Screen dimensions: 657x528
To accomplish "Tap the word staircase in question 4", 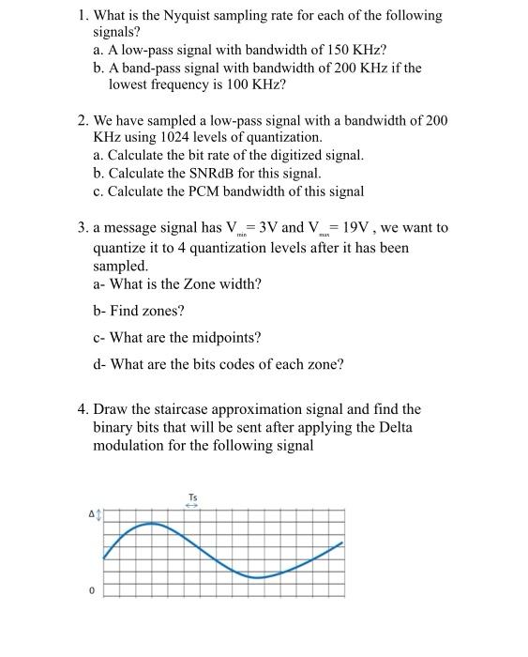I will tap(182, 409).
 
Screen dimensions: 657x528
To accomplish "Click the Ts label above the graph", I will tap(192, 497).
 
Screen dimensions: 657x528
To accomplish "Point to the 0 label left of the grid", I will tap(92, 590).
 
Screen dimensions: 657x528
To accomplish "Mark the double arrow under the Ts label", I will tap(192, 505).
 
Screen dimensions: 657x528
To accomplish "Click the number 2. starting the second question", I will tap(83, 120).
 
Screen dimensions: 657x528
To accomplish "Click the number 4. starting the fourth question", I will tap(83, 409).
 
